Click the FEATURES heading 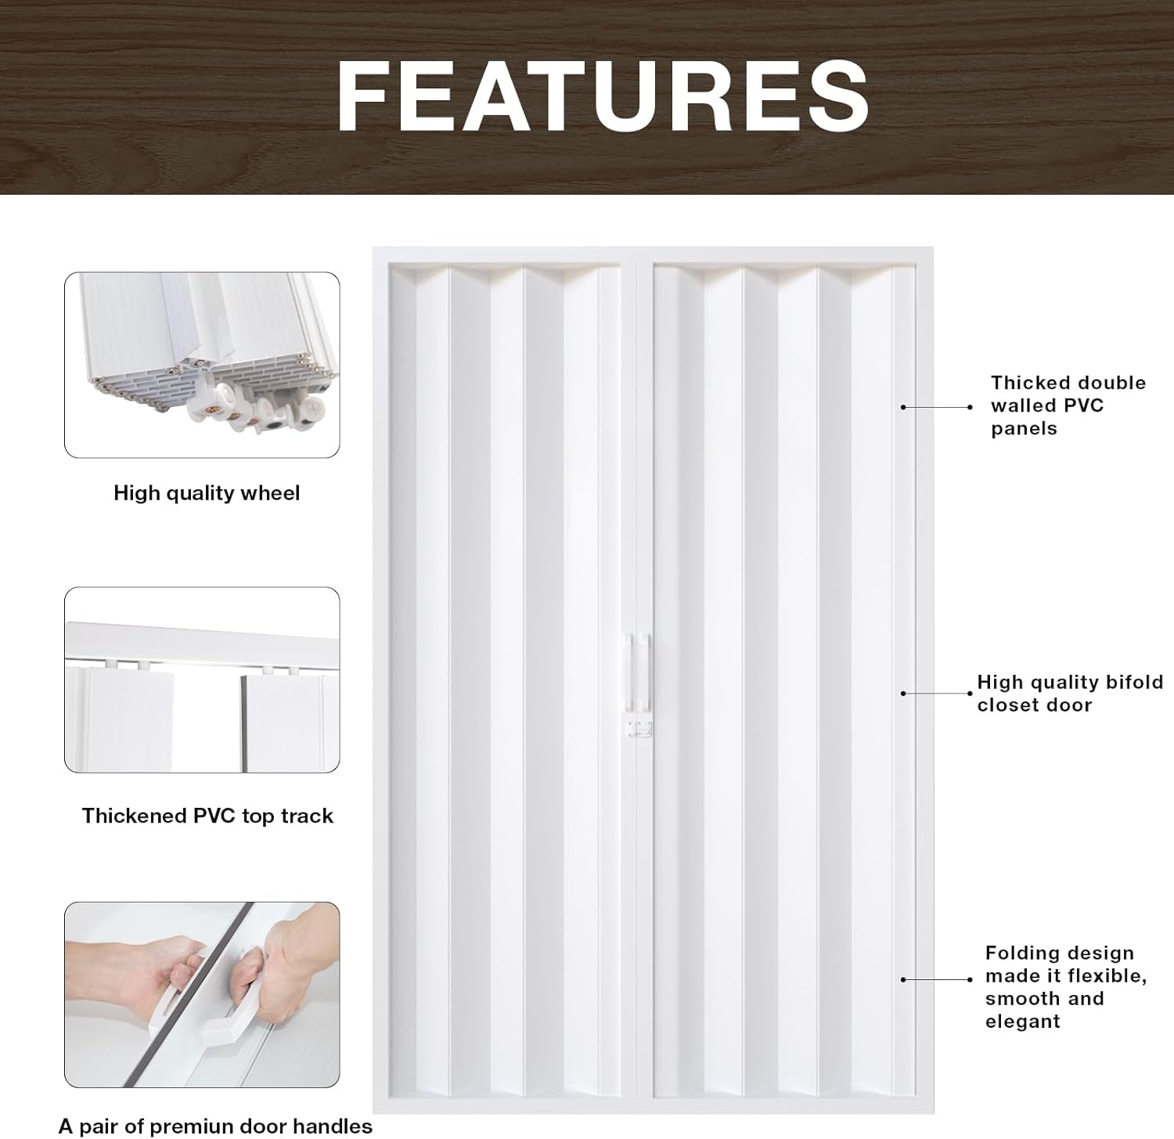tap(603, 96)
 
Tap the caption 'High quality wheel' tap(207, 493)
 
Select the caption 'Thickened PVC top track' tap(207, 816)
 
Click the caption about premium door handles tap(215, 1126)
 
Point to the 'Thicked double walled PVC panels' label tap(1068, 405)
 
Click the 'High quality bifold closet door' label tap(1070, 694)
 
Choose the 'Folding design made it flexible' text tap(1066, 964)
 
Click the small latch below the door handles tap(639, 730)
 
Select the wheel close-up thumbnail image tap(202, 365)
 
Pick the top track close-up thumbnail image tap(202, 679)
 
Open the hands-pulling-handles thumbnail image tap(202, 994)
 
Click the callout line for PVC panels tap(937, 407)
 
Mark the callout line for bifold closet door tap(937, 694)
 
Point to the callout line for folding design tap(937, 979)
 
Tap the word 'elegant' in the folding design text tap(1023, 1022)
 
